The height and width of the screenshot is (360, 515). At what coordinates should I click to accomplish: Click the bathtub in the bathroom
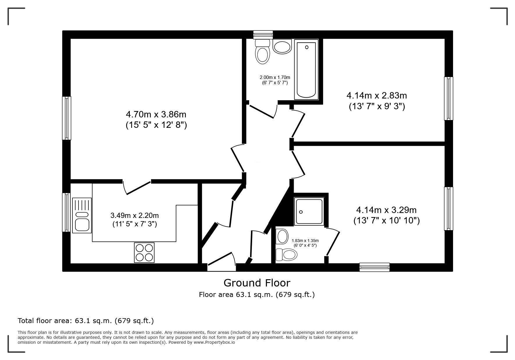pos(306,70)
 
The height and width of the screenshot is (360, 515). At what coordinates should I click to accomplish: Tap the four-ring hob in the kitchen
pos(144,252)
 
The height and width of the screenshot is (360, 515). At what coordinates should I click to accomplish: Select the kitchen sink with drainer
pos(82,215)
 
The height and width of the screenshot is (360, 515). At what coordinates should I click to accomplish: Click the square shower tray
pos(309,211)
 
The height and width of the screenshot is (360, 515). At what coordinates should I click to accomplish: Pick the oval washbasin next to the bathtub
pos(282,47)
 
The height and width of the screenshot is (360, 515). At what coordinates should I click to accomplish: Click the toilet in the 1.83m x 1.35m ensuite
pos(286,255)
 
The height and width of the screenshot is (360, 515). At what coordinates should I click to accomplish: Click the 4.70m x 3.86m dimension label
pos(156,119)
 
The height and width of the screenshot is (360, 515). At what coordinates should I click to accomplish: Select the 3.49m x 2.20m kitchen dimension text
pos(135,220)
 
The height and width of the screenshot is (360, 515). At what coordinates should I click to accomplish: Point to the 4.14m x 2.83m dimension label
pos(377,101)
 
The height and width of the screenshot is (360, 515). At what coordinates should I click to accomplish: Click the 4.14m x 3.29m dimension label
pos(386,215)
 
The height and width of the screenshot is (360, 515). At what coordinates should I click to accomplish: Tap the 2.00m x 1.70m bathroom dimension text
pos(275,80)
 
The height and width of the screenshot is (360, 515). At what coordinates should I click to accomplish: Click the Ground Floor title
pos(257,283)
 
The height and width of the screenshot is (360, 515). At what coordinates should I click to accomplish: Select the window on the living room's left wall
pos(67,118)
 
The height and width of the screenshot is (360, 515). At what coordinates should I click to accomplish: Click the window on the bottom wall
pos(375,267)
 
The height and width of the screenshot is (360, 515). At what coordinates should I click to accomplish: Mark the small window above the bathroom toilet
pos(263,35)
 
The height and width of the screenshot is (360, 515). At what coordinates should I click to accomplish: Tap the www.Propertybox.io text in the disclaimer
pos(214,342)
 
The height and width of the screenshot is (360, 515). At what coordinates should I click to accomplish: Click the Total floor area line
pos(86,321)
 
